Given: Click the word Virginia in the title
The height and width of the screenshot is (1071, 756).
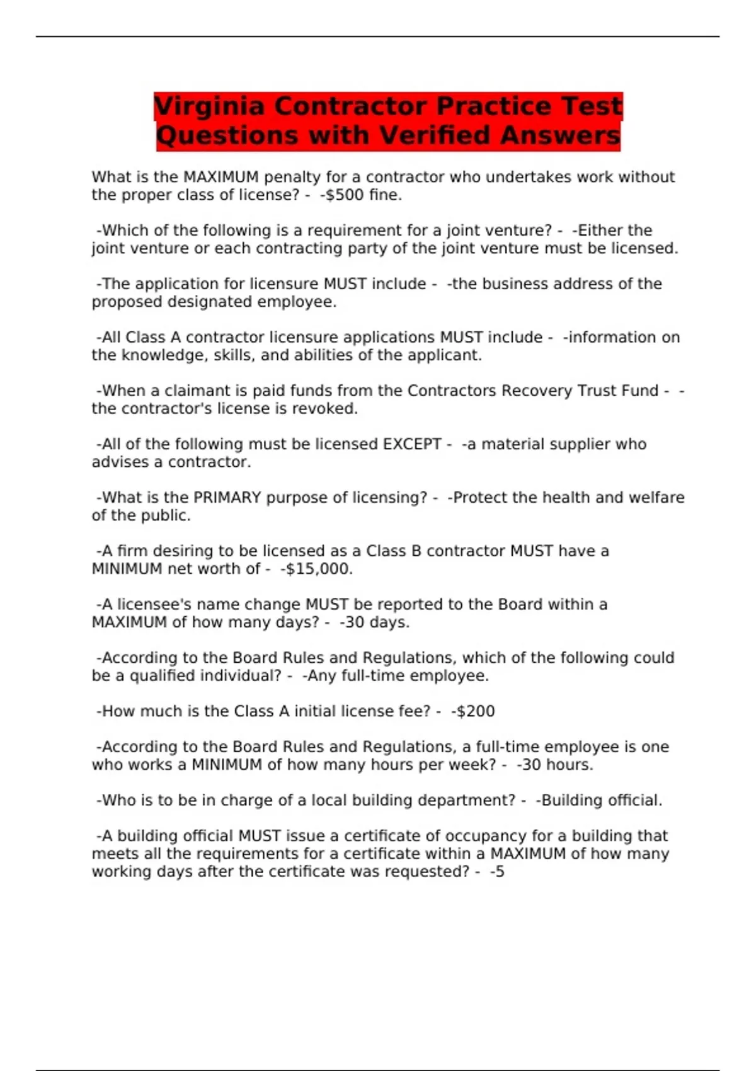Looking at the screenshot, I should pyautogui.click(x=210, y=106).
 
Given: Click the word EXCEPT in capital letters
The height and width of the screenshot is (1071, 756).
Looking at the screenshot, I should pyautogui.click(x=412, y=444).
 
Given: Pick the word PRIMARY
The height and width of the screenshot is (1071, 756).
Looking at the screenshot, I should pyautogui.click(x=227, y=498).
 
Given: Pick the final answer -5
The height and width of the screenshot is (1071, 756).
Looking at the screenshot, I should pyautogui.click(x=497, y=872).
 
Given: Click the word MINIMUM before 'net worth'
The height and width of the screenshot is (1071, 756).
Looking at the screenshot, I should pyautogui.click(x=127, y=569).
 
